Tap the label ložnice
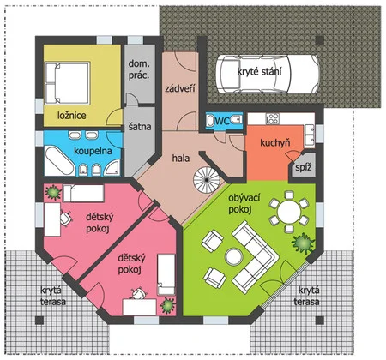[x=72, y=116]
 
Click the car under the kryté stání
[x=268, y=74]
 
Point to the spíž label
[x=304, y=167]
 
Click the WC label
[x=222, y=121]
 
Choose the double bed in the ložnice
[x=68, y=82]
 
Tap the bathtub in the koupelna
[x=59, y=161]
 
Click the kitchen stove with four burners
[x=273, y=118]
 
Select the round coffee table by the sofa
[x=234, y=256]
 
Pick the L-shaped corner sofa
[x=254, y=256]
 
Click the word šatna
[x=140, y=126]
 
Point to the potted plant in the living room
[x=304, y=243]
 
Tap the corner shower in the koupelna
[x=112, y=168]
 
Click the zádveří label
[x=180, y=88]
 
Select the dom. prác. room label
[x=139, y=69]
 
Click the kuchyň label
[x=274, y=142]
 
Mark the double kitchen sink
[x=310, y=135]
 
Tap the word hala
[x=181, y=158]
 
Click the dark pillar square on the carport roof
[x=320, y=40]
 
